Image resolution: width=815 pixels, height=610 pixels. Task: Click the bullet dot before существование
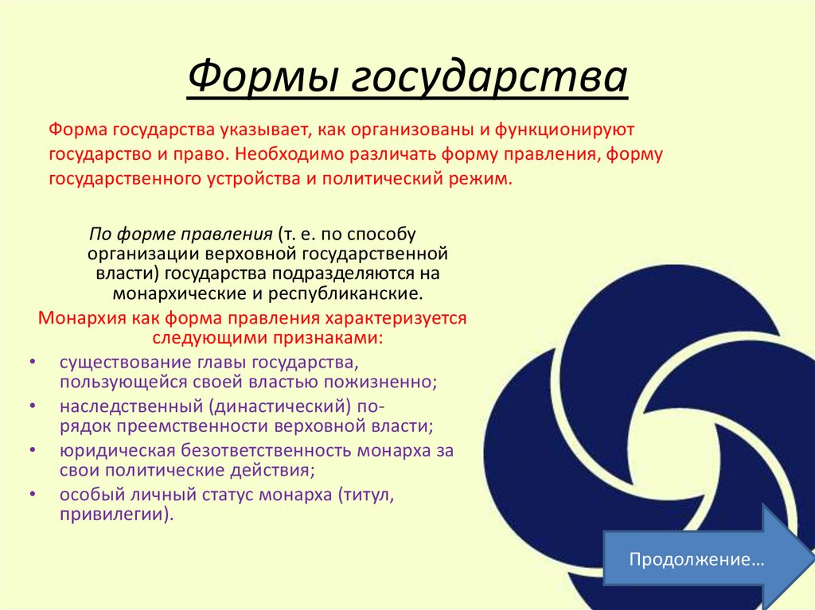pos(31,363)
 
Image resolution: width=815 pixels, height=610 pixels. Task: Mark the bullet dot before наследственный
pos(31,406)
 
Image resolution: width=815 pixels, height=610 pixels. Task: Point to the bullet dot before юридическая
pos(31,450)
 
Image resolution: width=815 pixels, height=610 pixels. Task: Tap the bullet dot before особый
pos(31,494)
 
